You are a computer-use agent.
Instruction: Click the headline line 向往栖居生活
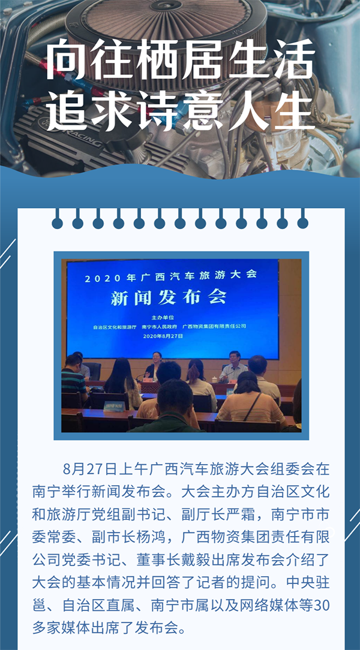coord(180,60)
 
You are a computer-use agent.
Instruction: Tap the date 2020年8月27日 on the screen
coord(163,336)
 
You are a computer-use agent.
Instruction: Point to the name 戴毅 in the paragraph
coord(196,556)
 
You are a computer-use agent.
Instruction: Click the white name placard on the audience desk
coord(113,407)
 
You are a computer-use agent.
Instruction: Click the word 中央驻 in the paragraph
coord(308,579)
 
